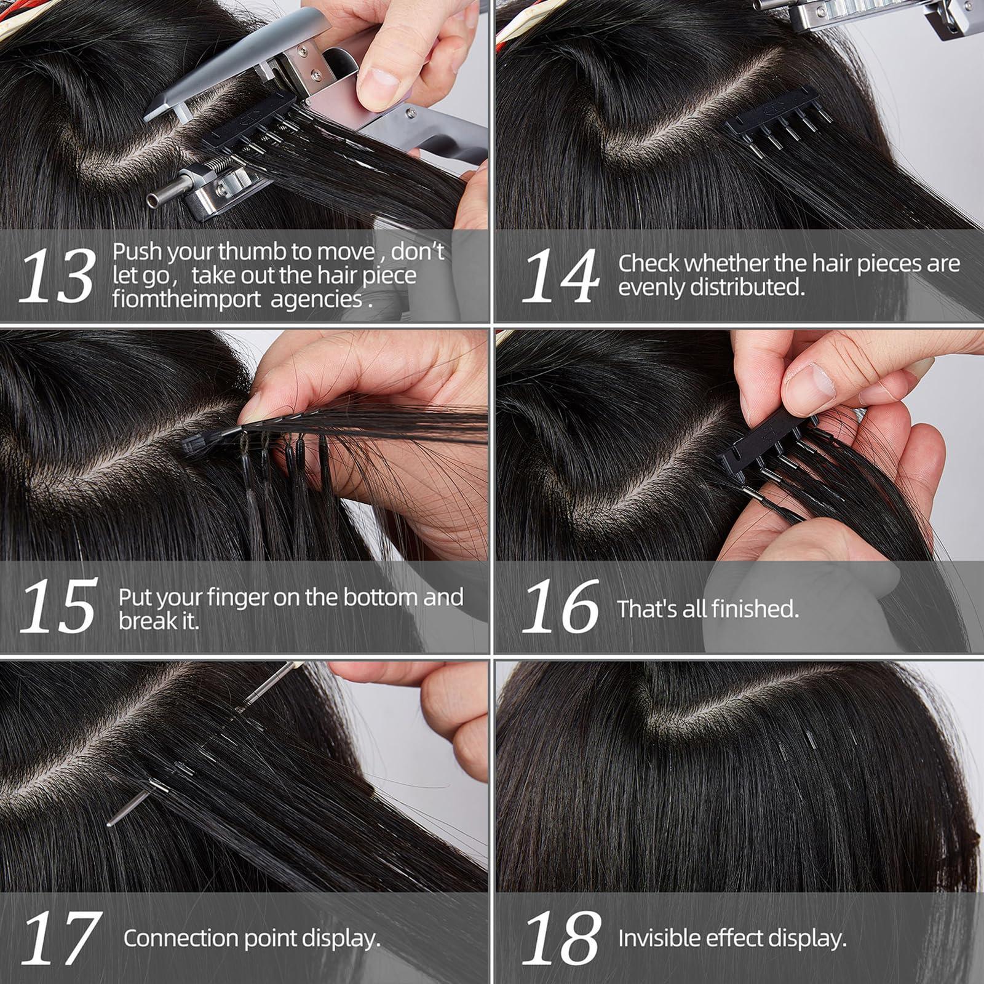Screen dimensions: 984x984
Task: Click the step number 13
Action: (57, 276)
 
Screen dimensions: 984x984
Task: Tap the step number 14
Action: (560, 276)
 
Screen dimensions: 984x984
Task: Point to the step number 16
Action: (560, 607)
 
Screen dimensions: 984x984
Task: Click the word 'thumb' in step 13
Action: (250, 252)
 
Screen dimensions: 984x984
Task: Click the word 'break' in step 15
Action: (148, 621)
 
